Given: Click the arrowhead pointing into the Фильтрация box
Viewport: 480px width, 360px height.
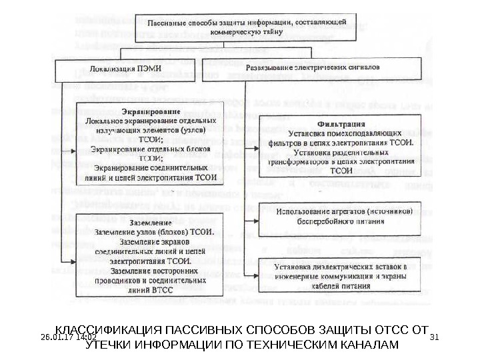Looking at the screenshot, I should point(256,148).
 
